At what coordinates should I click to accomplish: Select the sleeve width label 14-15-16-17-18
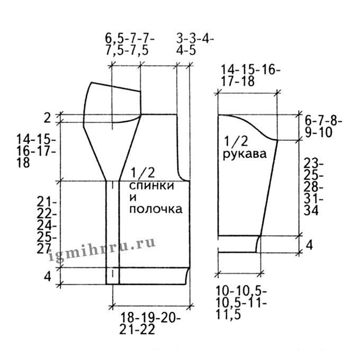pos(250,76)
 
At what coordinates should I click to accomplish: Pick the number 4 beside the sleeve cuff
pos(309,245)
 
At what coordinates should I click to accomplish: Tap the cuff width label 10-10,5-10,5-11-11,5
pos(241,303)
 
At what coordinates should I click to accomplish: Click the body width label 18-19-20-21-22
pos(150,324)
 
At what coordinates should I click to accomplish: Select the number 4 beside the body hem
pos(47,276)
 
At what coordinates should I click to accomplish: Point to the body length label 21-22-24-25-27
pos(47,226)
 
